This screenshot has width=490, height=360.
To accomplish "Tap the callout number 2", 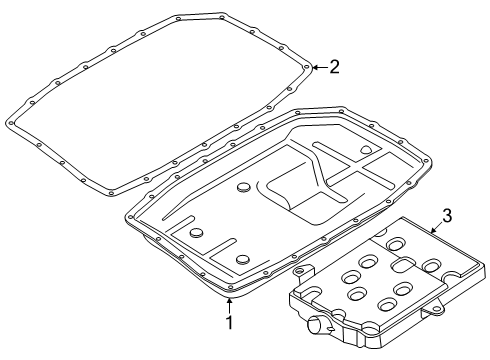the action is pos(334,68).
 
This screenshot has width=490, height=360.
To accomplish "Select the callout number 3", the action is pos(447,214).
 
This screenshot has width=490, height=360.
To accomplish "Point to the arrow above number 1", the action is pos(229,302).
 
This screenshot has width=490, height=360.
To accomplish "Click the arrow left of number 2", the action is pos(318,68).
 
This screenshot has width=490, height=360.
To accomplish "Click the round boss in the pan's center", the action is pos(245,188).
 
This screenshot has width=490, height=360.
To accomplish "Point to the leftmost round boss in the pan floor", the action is pos(195,232).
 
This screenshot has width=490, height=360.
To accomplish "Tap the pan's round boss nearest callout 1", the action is pos(242,260).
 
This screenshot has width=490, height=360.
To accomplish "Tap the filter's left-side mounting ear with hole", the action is pos(296,272).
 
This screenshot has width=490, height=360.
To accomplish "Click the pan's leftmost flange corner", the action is pos(129,215).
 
